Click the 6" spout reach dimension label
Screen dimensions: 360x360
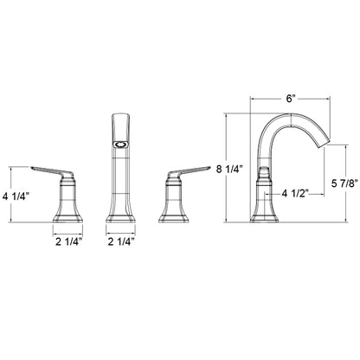291,99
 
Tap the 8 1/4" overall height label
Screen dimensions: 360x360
230,170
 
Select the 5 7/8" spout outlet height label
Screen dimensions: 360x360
344,183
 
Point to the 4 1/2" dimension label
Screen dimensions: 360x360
295,194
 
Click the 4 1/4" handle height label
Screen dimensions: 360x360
16,197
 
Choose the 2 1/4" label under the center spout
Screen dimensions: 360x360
121,241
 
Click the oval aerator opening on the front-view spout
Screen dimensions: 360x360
120,144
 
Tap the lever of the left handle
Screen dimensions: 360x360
52,171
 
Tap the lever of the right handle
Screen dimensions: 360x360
189,171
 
